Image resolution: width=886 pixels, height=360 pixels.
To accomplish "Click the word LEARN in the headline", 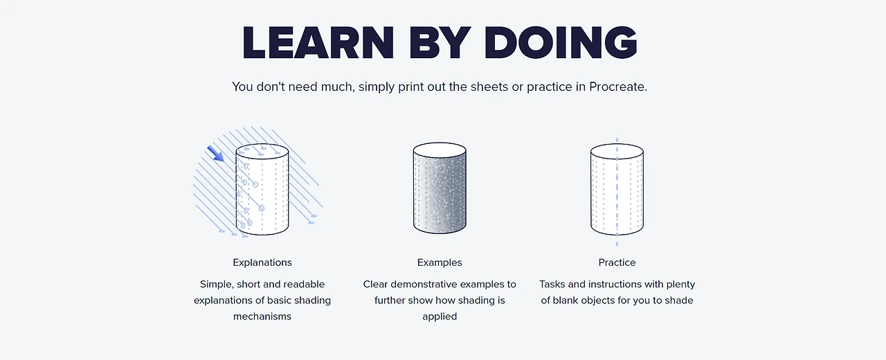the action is [x=318, y=43].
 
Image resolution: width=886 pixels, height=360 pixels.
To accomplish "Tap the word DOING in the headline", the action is [x=561, y=43].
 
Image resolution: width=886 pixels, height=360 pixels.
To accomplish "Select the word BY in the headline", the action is [x=440, y=43].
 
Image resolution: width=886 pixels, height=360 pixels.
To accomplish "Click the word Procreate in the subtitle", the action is [x=618, y=87].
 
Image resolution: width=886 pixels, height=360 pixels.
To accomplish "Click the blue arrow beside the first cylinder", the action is [x=215, y=154].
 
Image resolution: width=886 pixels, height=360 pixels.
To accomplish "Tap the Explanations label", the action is [x=262, y=262].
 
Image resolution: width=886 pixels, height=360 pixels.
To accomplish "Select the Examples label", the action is [x=440, y=262].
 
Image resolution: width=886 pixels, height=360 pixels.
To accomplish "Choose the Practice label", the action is [x=617, y=262].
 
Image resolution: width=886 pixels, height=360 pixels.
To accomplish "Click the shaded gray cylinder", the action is [x=440, y=188].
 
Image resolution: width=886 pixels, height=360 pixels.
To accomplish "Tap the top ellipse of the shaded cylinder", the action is [x=440, y=151].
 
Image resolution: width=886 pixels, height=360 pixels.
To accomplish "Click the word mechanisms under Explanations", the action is [x=262, y=316].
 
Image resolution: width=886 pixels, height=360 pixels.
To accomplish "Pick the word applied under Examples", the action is [x=440, y=317].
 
